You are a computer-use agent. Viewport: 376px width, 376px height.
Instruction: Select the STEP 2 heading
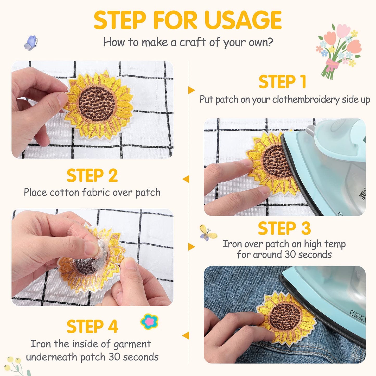[92, 176]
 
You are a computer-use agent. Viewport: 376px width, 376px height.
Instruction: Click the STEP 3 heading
[284, 228]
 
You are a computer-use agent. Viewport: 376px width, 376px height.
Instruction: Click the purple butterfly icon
[31, 43]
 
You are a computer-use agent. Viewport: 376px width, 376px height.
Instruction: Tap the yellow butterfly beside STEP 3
[208, 233]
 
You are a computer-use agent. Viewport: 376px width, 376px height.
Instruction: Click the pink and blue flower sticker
[149, 321]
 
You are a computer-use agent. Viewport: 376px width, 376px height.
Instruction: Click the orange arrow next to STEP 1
[191, 90]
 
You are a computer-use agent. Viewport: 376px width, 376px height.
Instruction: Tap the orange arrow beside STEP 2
[186, 179]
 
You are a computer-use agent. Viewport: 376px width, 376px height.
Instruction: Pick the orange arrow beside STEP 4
[186, 335]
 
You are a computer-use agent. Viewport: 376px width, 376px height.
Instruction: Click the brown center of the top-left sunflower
[97, 104]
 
